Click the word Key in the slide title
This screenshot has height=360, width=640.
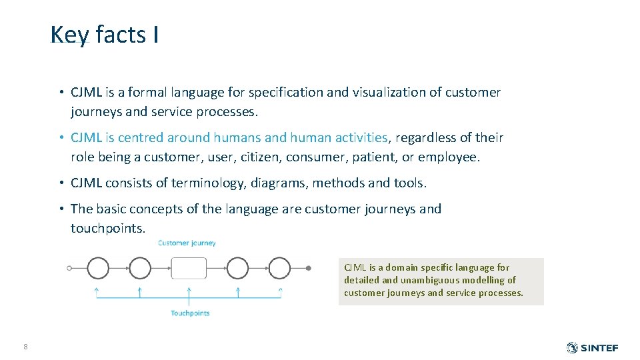click(69, 35)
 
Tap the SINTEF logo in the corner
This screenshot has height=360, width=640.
click(592, 348)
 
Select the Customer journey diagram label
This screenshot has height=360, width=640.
click(187, 243)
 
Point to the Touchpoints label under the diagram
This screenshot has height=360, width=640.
click(190, 313)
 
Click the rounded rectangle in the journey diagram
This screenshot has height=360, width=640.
click(189, 268)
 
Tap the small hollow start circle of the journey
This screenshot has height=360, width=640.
click(69, 268)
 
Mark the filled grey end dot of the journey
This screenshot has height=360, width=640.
click(308, 268)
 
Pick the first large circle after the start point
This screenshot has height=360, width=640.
click(98, 268)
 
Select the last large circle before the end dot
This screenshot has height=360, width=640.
click(279, 268)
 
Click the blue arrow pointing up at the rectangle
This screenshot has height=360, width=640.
click(189, 292)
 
